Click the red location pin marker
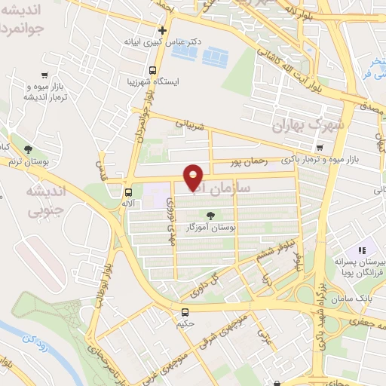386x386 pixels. pyautogui.click(x=194, y=176)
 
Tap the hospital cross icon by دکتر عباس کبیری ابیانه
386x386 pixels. pyautogui.click(x=162, y=30)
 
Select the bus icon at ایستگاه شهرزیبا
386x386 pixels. pyautogui.click(x=153, y=70)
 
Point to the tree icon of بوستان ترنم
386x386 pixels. pyautogui.click(x=28, y=149)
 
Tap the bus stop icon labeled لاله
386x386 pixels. pyautogui.click(x=129, y=191)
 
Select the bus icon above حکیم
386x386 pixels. pyautogui.click(x=185, y=312)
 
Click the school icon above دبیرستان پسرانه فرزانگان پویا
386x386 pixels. pyautogui.click(x=360, y=250)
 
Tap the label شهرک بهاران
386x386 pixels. pyautogui.click(x=309, y=125)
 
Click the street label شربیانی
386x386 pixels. pyautogui.click(x=190, y=121)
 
